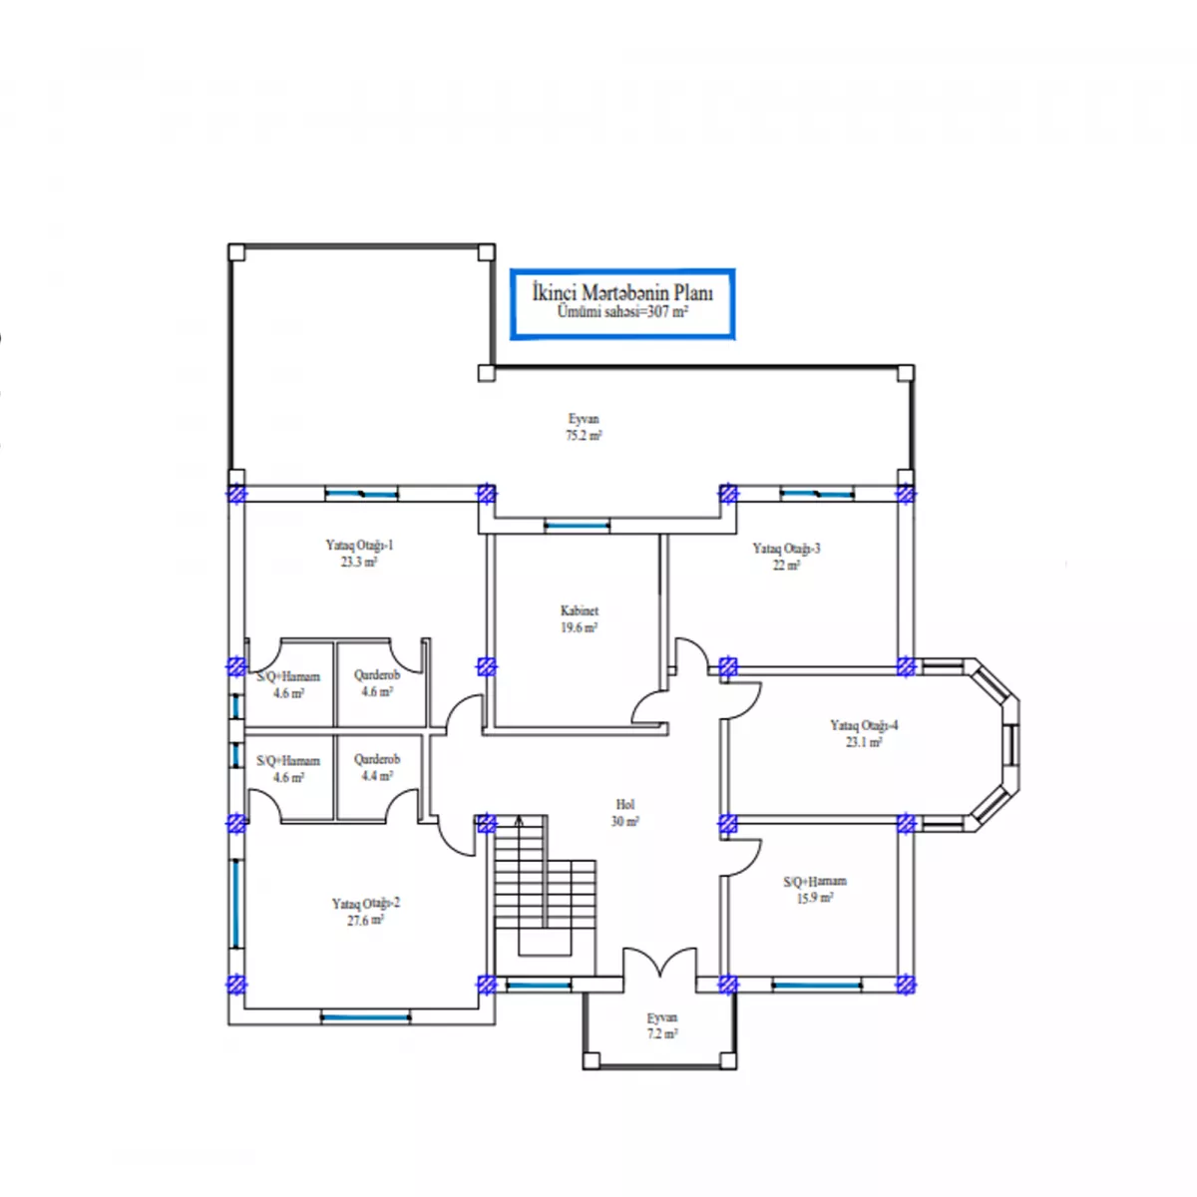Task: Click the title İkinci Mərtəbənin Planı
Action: [621, 292]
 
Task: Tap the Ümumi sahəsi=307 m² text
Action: [621, 312]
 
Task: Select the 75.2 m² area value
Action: [584, 435]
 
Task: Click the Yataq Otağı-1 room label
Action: [359, 545]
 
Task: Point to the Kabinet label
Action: [579, 610]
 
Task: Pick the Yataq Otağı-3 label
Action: [786, 548]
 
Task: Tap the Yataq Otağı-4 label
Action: [864, 725]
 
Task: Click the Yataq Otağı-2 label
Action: [365, 903]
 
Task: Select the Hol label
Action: [624, 804]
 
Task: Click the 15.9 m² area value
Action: [814, 898]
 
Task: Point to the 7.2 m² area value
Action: [661, 1033]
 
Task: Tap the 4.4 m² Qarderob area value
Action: [377, 776]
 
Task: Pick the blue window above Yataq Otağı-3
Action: [816, 494]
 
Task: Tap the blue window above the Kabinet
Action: [578, 526]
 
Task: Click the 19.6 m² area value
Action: [579, 627]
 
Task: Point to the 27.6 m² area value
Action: [365, 920]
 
